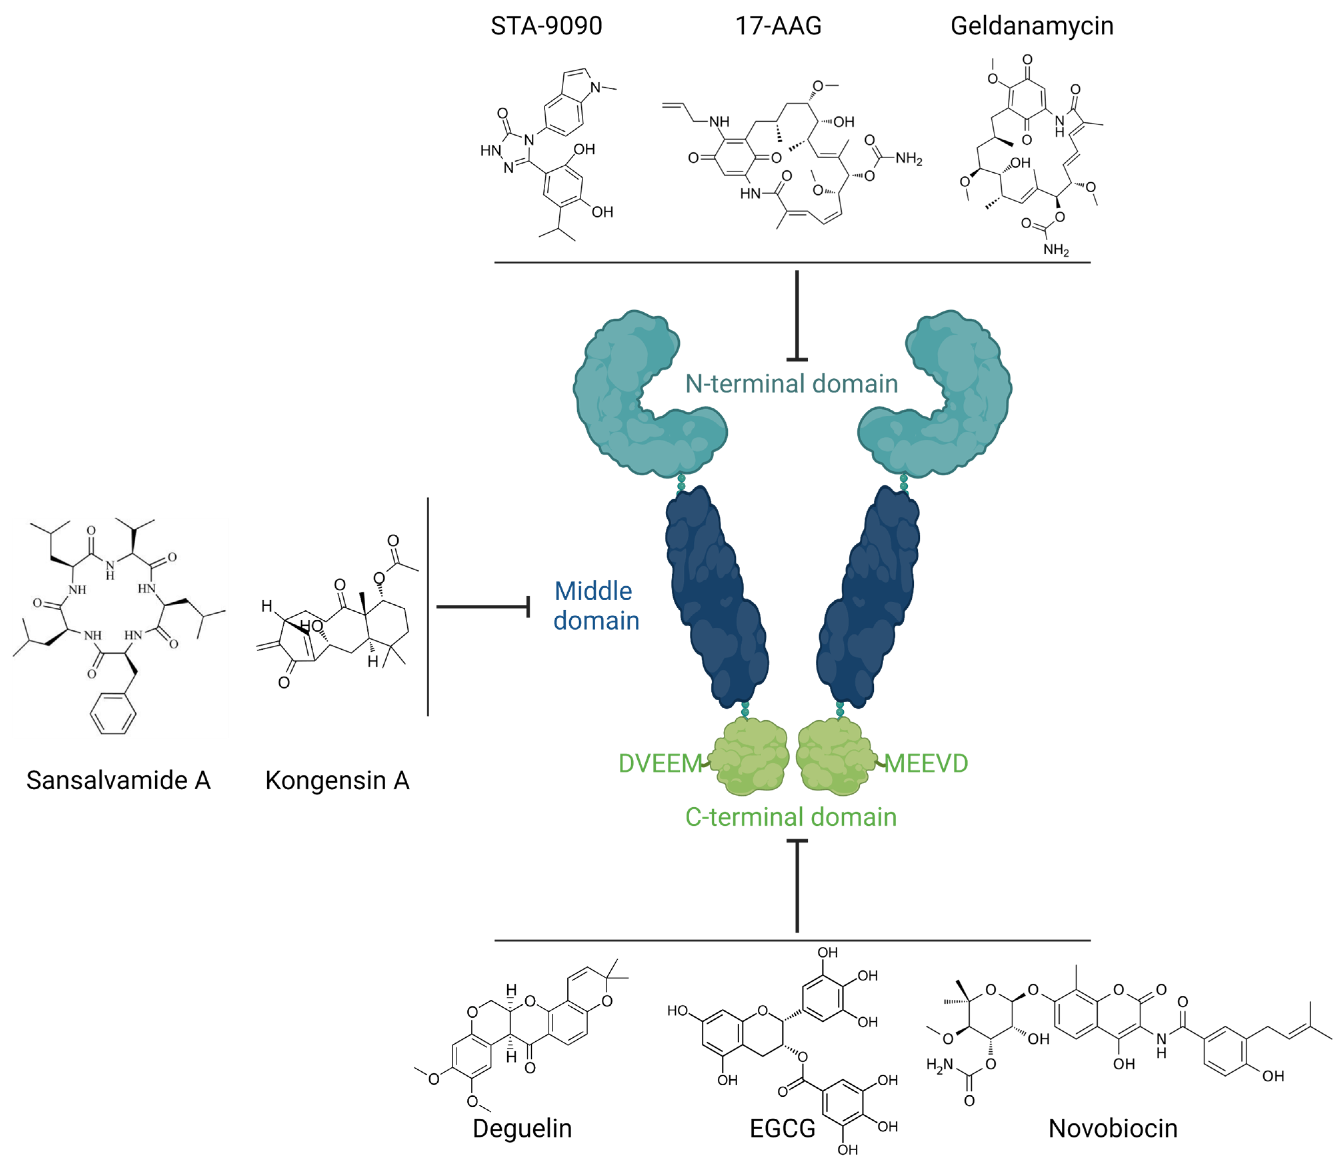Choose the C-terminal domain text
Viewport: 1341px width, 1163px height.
(x=790, y=817)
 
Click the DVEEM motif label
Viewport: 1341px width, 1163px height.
(x=660, y=763)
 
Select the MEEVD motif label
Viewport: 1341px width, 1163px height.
(x=926, y=763)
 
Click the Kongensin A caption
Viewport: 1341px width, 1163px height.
(x=337, y=780)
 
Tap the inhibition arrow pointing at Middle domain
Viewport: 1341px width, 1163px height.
(x=484, y=607)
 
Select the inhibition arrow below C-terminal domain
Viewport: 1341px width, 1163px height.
(x=797, y=886)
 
